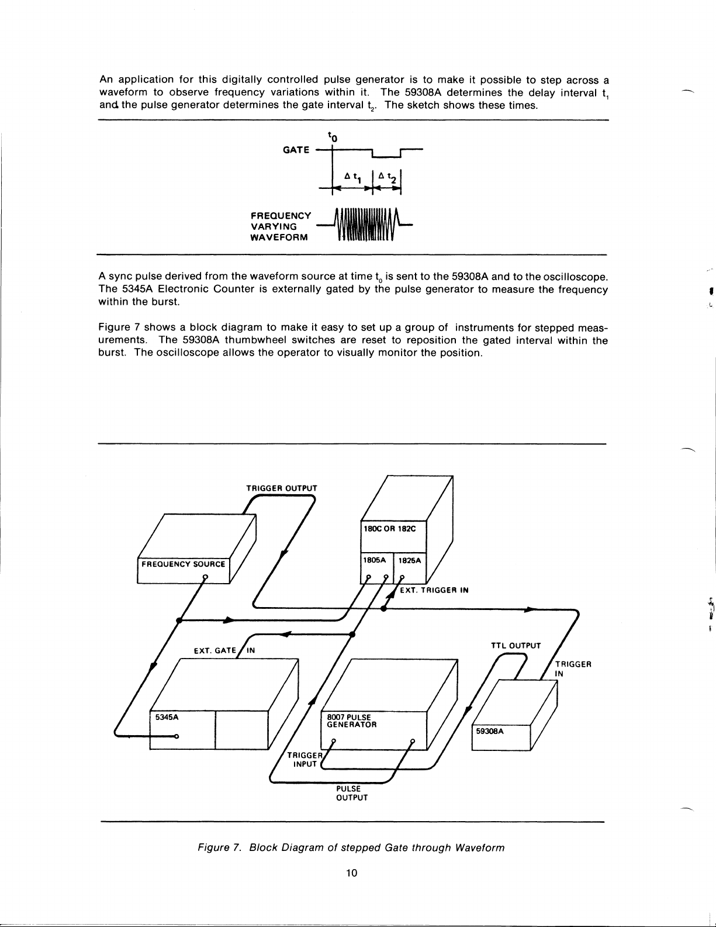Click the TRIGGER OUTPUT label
coord(282,488)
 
